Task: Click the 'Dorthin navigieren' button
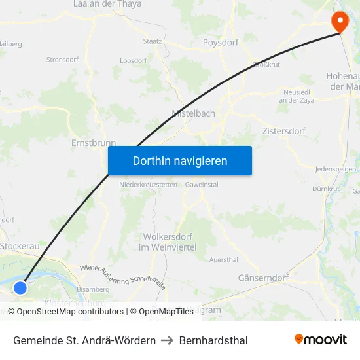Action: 180,160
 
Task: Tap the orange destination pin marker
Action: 340,22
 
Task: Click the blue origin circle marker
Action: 20,287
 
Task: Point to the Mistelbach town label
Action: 193,113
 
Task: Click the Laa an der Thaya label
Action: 107,4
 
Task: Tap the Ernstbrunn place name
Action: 93,143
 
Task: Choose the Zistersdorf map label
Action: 283,131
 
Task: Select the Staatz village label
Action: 153,41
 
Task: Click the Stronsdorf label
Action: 62,60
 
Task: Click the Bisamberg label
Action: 93,289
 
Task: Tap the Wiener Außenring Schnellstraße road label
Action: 122,278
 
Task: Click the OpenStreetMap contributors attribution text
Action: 70,312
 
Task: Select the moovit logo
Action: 320,340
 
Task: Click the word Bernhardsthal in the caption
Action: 213,340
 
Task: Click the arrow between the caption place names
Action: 167,340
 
